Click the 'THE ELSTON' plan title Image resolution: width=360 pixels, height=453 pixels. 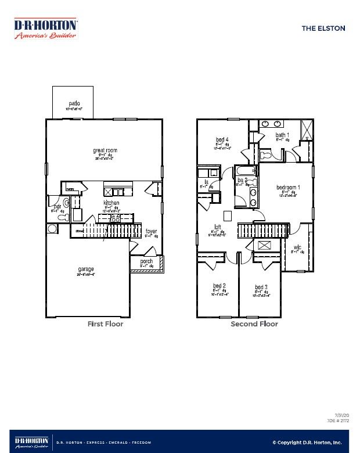pyautogui.click(x=323, y=28)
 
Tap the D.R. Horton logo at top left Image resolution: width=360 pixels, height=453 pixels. pyautogui.click(x=45, y=28)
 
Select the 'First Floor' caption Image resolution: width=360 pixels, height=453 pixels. pyautogui.click(x=105, y=324)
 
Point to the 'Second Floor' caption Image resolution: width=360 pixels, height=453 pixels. pyautogui.click(x=254, y=324)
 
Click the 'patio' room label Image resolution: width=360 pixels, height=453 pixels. pyautogui.click(x=73, y=103)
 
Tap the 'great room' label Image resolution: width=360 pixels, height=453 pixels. pyautogui.click(x=105, y=150)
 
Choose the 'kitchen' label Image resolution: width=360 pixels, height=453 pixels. pyautogui.click(x=111, y=203)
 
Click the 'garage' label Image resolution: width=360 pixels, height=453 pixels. pyautogui.click(x=86, y=269)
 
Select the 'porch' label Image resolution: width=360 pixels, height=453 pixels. pyautogui.click(x=146, y=261)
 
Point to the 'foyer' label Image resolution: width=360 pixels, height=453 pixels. pyautogui.click(x=151, y=231)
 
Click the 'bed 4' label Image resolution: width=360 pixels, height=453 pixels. pyautogui.click(x=222, y=139)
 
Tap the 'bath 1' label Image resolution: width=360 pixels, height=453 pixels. pyautogui.click(x=282, y=135)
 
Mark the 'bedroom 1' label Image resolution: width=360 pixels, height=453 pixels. pyautogui.click(x=288, y=187)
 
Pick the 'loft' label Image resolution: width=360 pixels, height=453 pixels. pyautogui.click(x=217, y=227)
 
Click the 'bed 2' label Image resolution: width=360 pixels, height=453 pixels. pyautogui.click(x=219, y=285)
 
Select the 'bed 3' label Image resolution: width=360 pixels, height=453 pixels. pyautogui.click(x=261, y=287)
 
